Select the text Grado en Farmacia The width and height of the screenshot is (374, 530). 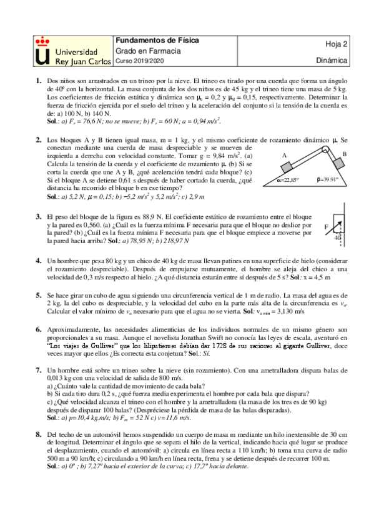(x=147, y=51)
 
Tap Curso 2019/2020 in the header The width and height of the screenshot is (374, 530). (x=138, y=61)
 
